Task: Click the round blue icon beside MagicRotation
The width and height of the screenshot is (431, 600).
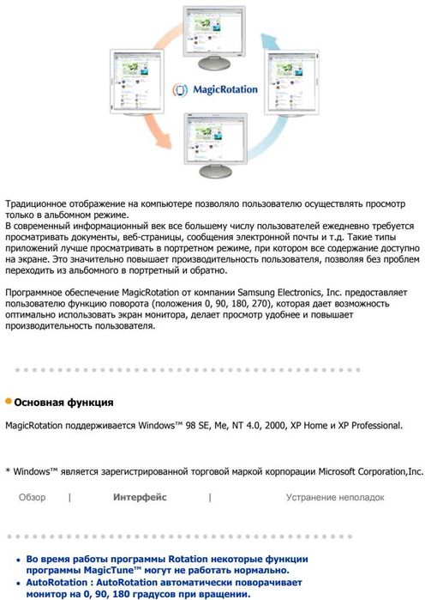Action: pos(181,89)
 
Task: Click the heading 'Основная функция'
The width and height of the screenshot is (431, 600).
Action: pos(64,402)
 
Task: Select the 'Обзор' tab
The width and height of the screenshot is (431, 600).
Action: pos(33,497)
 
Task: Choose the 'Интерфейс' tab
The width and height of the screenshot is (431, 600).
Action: pos(140,497)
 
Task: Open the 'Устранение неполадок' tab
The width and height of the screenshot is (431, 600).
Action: pos(335,497)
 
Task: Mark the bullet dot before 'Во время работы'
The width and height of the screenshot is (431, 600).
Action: pos(19,559)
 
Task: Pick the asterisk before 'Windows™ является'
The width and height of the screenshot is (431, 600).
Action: pos(8,471)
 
